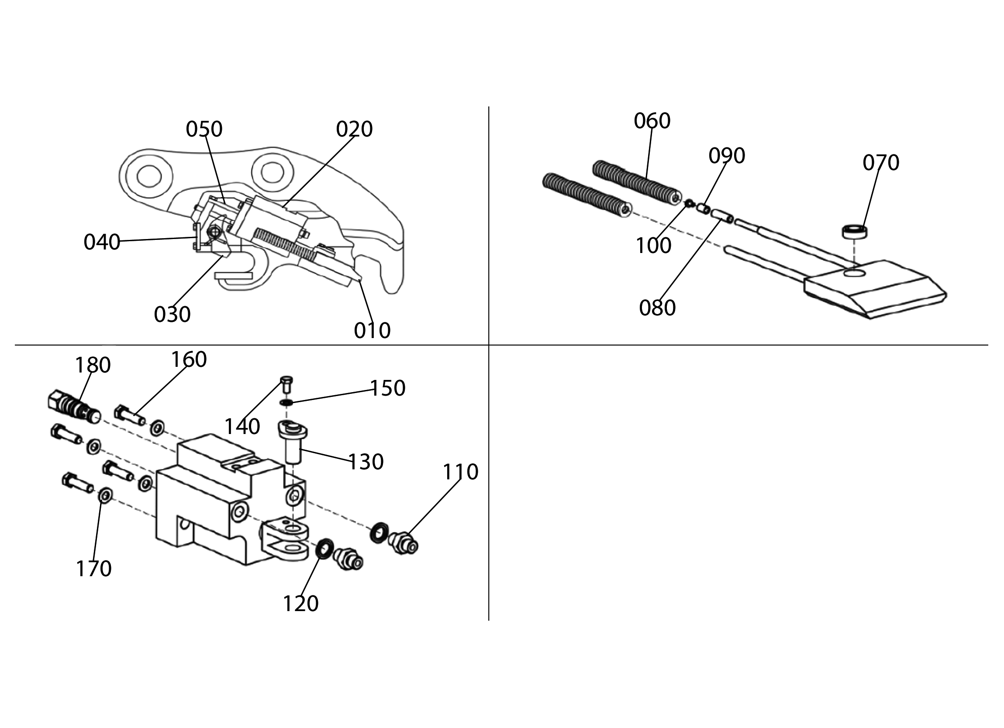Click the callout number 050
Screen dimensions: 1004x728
point(204,129)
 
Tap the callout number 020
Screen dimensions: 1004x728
point(354,129)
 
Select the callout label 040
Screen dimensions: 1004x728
point(102,243)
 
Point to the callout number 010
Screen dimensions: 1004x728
point(372,330)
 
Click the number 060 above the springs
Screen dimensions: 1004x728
point(652,121)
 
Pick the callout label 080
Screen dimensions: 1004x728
point(657,308)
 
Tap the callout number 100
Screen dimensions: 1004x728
point(653,246)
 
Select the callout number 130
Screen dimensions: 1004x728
point(366,462)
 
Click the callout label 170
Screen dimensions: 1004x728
point(94,569)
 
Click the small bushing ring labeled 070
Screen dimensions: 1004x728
point(854,232)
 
